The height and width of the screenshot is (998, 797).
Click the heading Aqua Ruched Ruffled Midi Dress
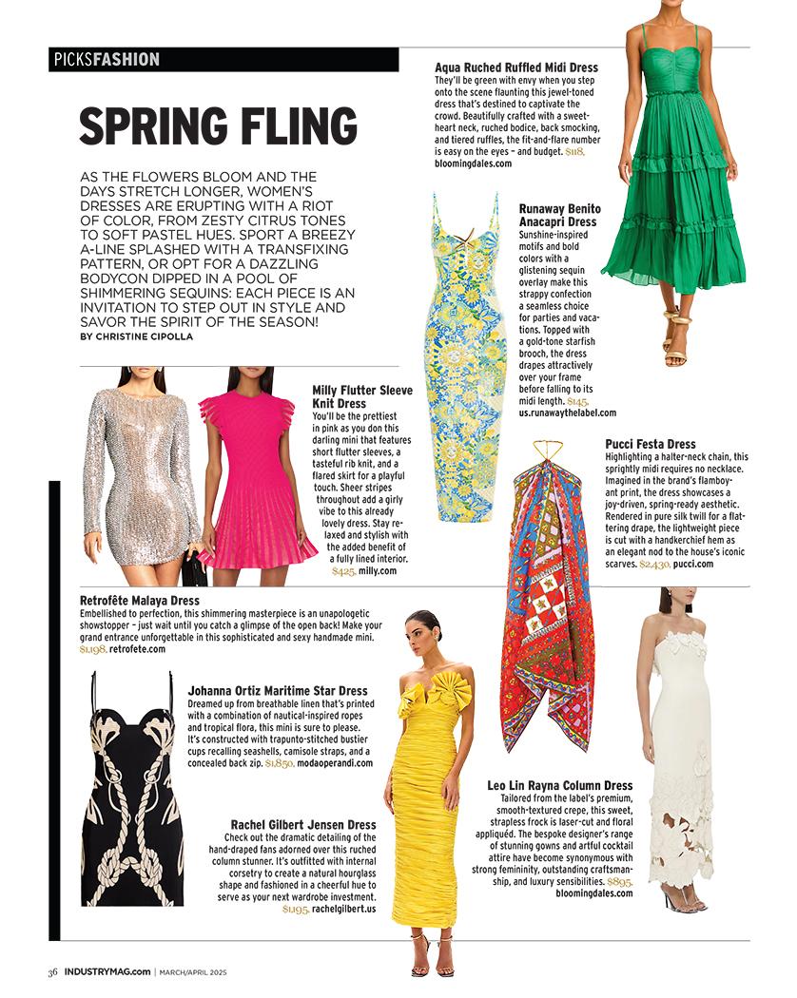pyautogui.click(x=515, y=68)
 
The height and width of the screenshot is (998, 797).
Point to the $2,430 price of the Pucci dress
pyautogui.click(x=654, y=564)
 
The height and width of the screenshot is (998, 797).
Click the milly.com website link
pyautogui.click(x=377, y=571)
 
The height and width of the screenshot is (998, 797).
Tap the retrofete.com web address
pyautogui.click(x=137, y=649)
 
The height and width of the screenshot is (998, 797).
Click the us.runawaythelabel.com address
pyautogui.click(x=567, y=413)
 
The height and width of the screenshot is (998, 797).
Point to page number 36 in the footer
pyautogui.click(x=54, y=971)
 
